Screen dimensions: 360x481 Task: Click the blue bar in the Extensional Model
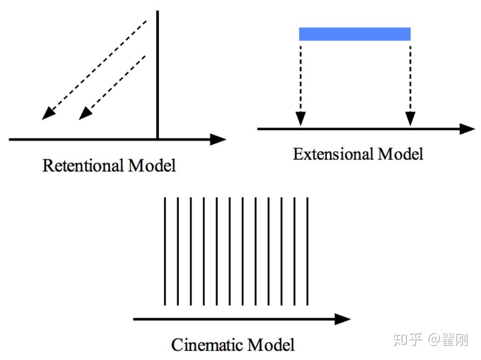[354, 34]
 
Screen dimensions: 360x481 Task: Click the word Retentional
[83, 166]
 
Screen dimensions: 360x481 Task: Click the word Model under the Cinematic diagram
[272, 345]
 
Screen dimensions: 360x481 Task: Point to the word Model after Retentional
[152, 166]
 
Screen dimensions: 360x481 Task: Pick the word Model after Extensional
[400, 154]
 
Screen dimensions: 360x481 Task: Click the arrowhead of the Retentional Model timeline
[218, 140]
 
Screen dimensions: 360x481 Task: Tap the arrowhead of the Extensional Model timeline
[467, 129]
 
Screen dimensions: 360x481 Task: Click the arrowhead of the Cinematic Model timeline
[343, 319]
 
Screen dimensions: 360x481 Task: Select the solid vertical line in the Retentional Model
[157, 72]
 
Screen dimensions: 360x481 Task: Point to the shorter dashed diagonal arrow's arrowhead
[85, 114]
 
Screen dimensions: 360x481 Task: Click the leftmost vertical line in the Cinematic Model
[165, 251]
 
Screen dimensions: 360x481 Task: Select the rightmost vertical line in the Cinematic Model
[307, 251]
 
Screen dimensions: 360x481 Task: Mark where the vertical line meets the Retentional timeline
[157, 139]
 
